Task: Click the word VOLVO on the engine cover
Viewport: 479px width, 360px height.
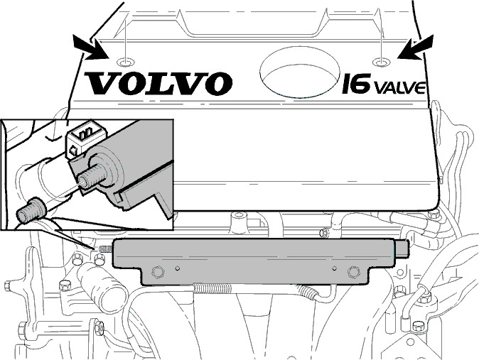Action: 158,83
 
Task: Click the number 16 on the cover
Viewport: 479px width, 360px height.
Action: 356,83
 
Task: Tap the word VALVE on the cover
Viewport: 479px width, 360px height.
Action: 399,87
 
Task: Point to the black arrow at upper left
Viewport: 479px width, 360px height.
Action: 91,48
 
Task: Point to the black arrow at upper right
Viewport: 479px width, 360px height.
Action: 416,47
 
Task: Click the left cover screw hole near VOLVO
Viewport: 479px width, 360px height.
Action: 126,62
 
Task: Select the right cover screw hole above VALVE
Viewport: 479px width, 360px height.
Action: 382,62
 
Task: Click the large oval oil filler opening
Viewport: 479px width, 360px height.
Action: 300,72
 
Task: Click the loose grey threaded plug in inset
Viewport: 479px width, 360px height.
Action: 31,210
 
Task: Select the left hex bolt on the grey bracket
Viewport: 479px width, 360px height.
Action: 157,272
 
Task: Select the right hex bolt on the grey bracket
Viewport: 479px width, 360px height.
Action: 354,272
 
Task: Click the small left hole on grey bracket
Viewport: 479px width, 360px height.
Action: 177,268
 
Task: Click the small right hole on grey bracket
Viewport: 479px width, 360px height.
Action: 335,268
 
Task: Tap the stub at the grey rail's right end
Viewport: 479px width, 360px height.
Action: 402,247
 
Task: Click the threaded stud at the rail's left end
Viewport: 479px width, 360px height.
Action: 106,249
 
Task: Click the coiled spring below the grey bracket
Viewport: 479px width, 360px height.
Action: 212,288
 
